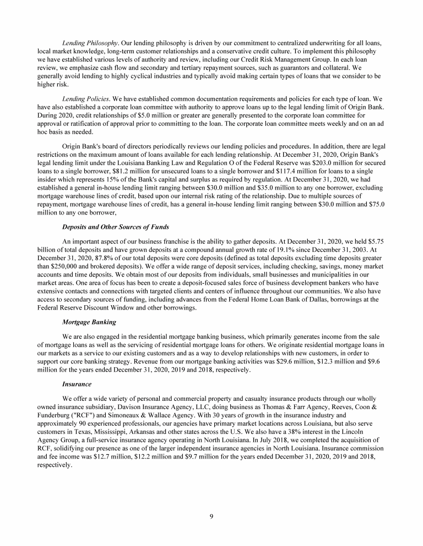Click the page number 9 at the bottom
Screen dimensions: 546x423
[211, 516]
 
